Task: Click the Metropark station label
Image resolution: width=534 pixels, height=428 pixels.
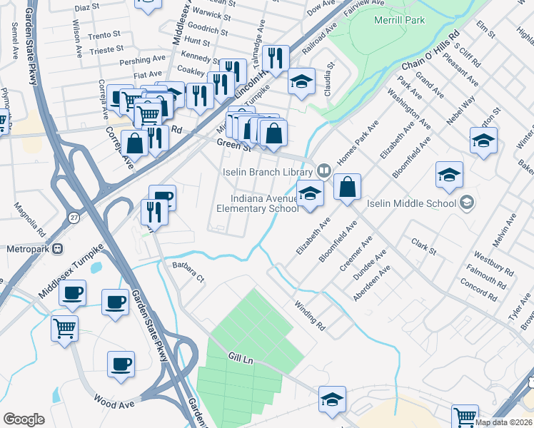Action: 28,249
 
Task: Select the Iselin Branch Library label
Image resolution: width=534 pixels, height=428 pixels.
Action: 268,172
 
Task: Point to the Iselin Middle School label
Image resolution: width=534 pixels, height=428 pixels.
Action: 411,203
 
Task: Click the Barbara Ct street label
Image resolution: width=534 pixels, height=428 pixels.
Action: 188,272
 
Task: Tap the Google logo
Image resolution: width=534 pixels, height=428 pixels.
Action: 24,419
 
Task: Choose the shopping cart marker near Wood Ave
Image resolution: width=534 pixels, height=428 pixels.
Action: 64,330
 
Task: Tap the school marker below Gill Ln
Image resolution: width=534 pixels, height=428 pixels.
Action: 332,401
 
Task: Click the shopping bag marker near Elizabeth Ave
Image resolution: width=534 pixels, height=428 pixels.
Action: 347,188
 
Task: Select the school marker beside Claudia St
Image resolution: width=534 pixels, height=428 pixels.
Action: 301,82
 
